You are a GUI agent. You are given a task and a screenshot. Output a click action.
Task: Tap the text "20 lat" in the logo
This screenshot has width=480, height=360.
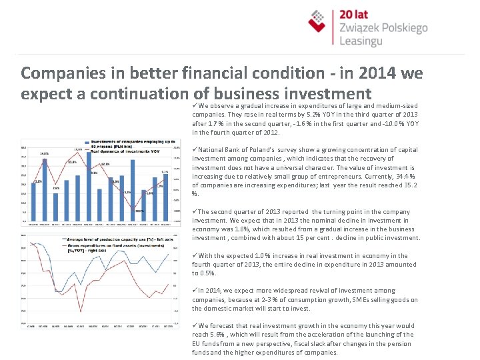(355, 14)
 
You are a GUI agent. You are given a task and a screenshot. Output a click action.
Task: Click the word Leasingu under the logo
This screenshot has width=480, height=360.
(363, 41)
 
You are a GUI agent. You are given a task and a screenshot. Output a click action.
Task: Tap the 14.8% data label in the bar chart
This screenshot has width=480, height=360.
(44, 154)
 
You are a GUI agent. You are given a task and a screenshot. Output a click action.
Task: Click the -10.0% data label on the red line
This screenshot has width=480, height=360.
(139, 211)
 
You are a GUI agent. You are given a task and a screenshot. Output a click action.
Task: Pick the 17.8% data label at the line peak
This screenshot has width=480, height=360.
(78, 149)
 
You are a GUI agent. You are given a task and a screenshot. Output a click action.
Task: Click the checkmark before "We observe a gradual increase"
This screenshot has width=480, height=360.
(195, 105)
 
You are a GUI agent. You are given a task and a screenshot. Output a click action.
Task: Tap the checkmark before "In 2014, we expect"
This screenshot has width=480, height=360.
(195, 291)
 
